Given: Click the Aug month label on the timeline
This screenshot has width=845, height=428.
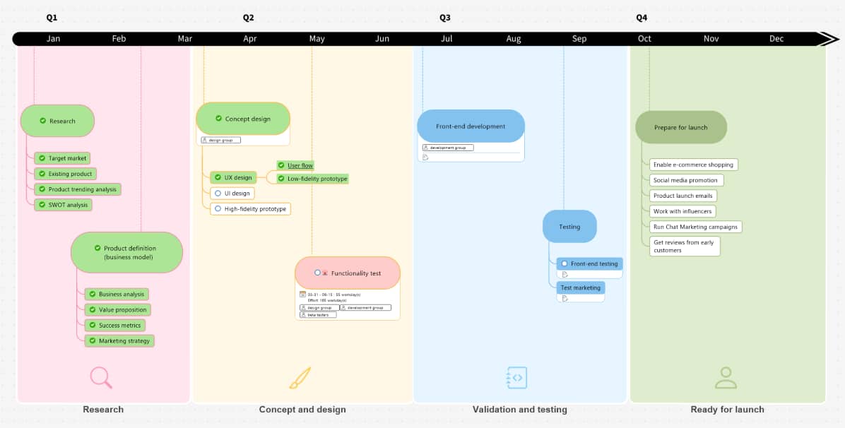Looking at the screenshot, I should (x=514, y=39).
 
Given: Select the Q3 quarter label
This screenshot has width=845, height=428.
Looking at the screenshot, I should (x=445, y=18).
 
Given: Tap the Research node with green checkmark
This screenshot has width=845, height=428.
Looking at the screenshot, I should (x=57, y=121).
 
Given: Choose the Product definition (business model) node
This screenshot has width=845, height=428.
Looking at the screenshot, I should (x=126, y=252).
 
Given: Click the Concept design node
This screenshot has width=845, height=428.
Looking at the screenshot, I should (x=243, y=119).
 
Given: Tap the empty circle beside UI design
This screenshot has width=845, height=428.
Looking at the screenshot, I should (x=218, y=194).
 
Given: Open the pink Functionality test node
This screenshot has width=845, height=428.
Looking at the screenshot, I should (x=348, y=273).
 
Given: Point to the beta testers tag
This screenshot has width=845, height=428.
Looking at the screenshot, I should (x=318, y=315).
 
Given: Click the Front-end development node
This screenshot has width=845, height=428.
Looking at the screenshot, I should (x=471, y=126).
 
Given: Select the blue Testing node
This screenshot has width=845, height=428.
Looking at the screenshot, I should (x=569, y=227).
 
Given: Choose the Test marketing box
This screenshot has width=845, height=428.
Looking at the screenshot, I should (x=580, y=287).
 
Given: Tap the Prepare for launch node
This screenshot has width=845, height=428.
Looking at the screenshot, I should (x=680, y=127).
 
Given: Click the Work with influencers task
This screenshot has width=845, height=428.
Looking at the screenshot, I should (x=682, y=211).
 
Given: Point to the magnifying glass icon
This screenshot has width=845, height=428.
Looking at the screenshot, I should (x=101, y=378).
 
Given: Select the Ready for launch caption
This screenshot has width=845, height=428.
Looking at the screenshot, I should (x=727, y=410).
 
